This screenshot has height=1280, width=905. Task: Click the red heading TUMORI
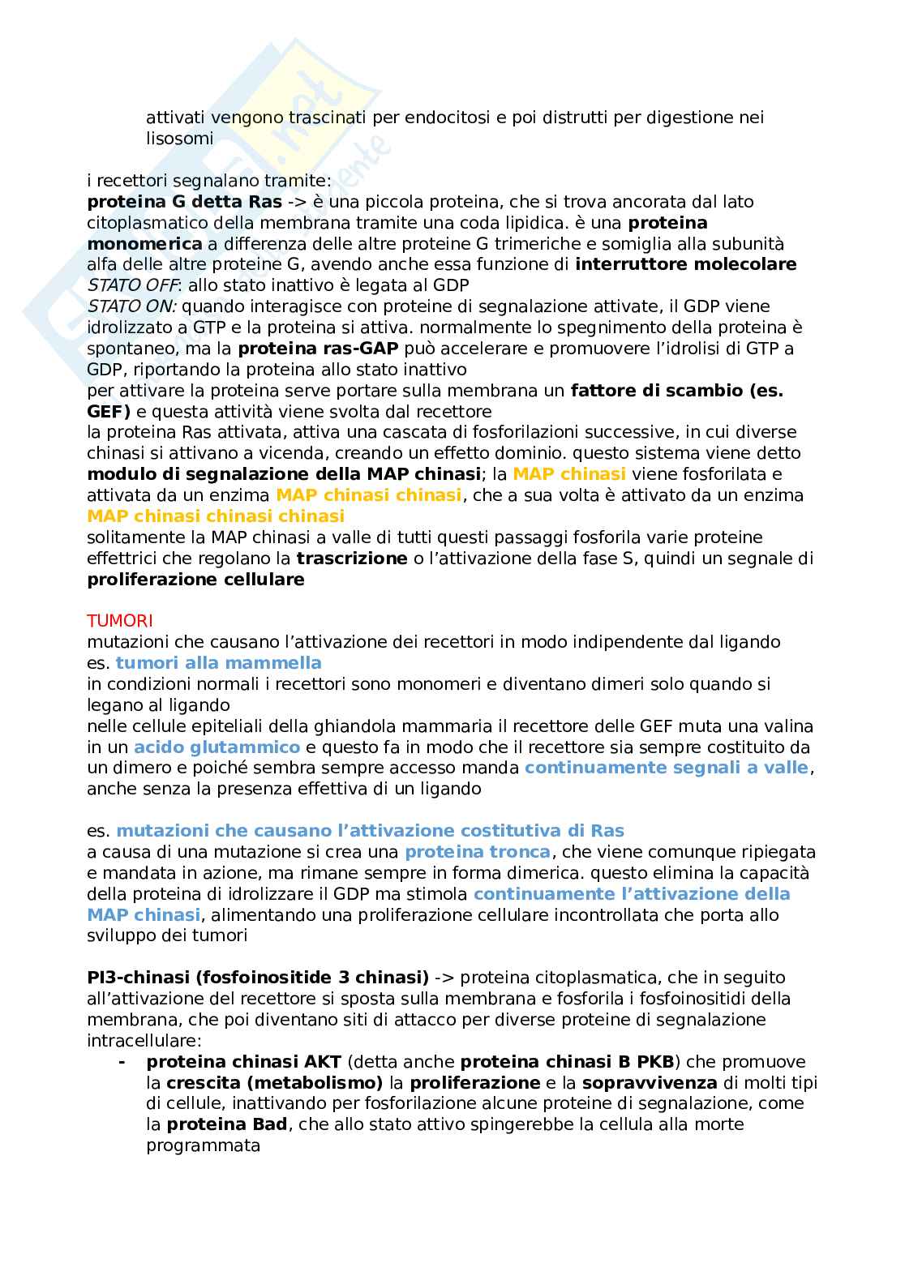point(119,621)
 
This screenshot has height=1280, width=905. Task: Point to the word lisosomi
point(179,139)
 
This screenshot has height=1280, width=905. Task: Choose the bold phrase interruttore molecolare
point(685,264)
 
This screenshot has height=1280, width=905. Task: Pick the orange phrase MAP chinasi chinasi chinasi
point(216,516)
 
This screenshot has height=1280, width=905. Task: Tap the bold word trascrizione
point(351,559)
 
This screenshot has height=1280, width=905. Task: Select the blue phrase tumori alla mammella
point(218,663)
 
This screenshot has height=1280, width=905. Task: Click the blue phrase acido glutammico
point(217,747)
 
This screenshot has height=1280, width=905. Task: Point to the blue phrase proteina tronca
point(478,852)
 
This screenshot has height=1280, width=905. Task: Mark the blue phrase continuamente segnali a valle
point(667,768)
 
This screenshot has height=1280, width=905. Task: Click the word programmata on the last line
point(203,1146)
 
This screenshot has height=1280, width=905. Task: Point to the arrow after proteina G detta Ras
point(295,202)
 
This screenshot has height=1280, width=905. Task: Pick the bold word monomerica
point(144,244)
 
